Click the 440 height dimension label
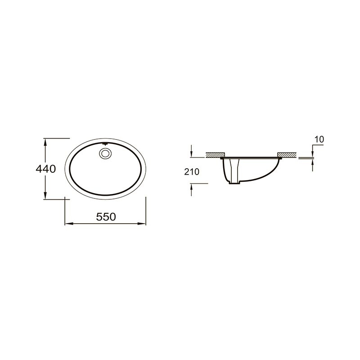click(46, 169)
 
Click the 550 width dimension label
click(106, 217)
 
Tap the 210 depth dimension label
click(192, 172)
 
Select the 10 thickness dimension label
click(319, 139)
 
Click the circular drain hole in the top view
click(105, 153)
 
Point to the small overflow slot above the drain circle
click(105, 144)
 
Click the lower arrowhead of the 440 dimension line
click(45, 195)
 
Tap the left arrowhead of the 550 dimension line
click(69, 223)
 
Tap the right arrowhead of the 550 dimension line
click(142, 223)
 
